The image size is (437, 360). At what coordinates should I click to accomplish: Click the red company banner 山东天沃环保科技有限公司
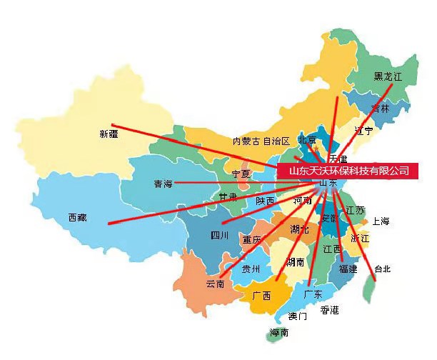[x=348, y=171]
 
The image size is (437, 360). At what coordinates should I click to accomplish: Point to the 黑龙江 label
[x=389, y=76]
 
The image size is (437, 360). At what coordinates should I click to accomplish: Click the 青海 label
[x=163, y=184]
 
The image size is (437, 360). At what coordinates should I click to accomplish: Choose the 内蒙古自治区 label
[x=261, y=141]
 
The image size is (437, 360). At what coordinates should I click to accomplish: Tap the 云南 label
[x=216, y=284]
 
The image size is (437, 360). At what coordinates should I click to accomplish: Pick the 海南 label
[x=279, y=333]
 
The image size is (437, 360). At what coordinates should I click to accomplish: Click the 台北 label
[x=382, y=269]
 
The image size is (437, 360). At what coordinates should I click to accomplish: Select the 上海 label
[x=381, y=221]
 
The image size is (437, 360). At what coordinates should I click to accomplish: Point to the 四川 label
[x=219, y=235]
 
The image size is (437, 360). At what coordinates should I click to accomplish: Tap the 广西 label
[x=261, y=295]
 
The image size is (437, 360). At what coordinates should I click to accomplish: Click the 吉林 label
[x=381, y=109]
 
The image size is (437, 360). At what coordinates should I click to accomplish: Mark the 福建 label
[x=348, y=269]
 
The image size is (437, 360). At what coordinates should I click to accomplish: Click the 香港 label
[x=329, y=309]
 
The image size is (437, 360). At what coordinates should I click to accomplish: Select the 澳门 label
[x=298, y=316]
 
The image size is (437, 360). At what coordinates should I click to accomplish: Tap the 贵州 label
[x=251, y=269]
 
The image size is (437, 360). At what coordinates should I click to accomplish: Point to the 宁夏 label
[x=241, y=174]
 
